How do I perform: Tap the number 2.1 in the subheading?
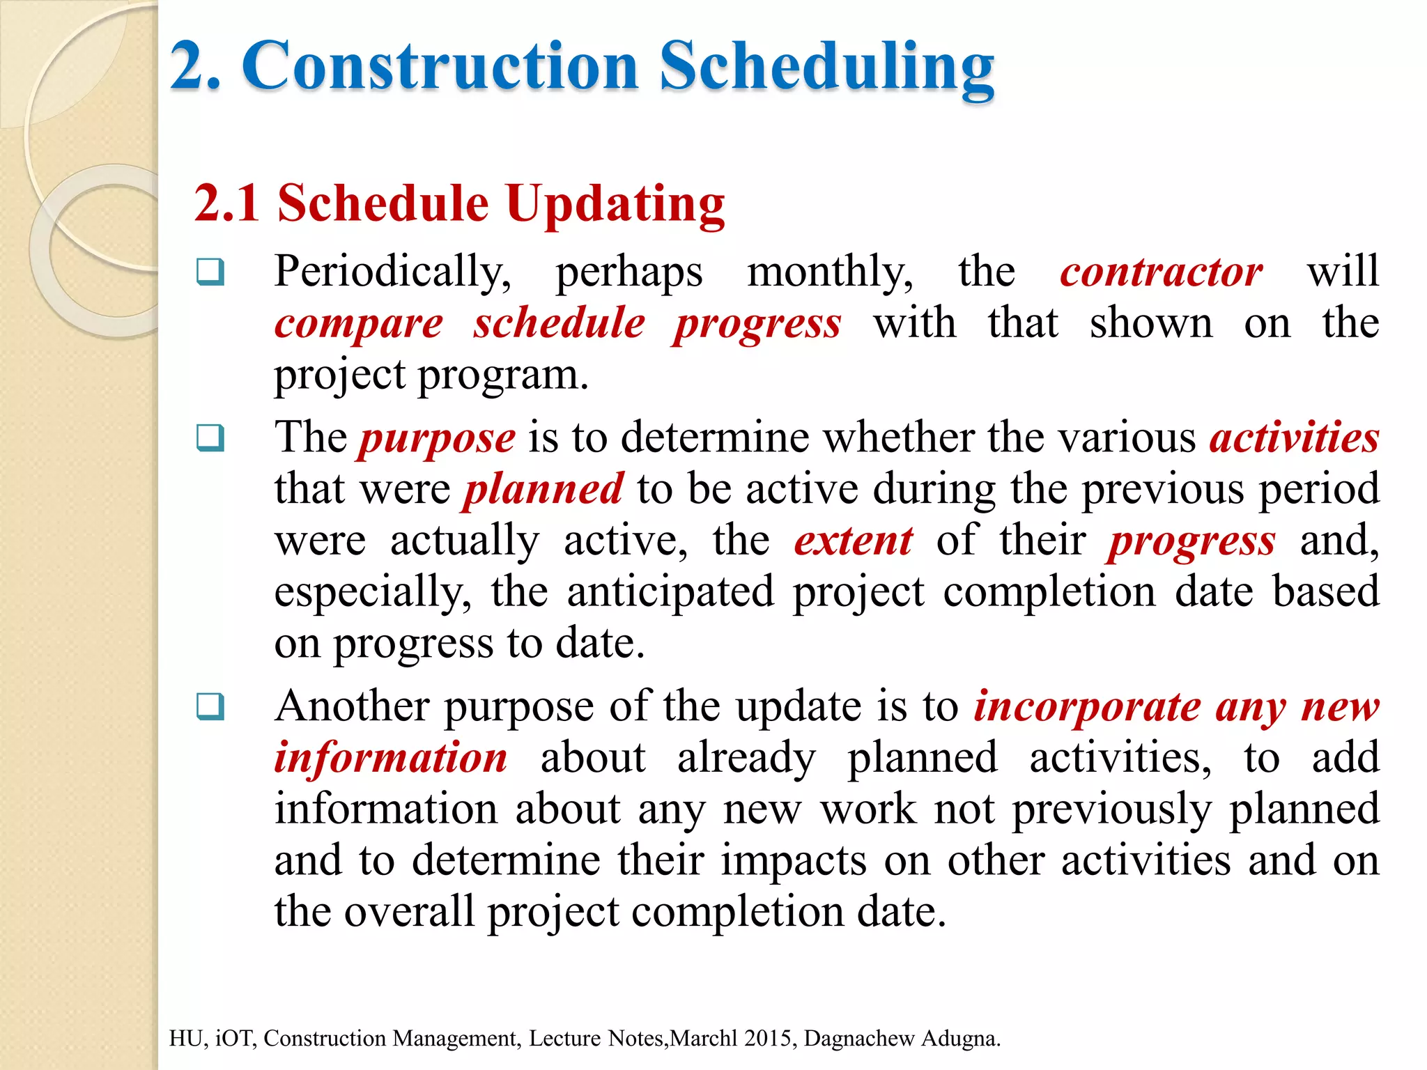[x=227, y=203]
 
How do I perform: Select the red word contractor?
[x=1161, y=271]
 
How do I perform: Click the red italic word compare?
[x=358, y=323]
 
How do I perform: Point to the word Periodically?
[x=392, y=271]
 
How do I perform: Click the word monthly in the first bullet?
[x=829, y=271]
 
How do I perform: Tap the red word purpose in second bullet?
[x=437, y=438]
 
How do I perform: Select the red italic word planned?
[x=543, y=489]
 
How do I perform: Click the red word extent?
[x=853, y=541]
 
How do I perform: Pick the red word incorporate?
[x=1087, y=706]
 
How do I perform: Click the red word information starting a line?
[x=390, y=758]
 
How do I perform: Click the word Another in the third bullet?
[x=352, y=706]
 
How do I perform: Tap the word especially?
[x=372, y=592]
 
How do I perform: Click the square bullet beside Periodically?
[x=210, y=272]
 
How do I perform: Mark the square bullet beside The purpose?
[x=210, y=438]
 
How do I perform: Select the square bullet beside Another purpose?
[x=210, y=706]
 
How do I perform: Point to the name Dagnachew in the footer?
[x=858, y=1038]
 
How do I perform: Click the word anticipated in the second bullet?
[x=670, y=592]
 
